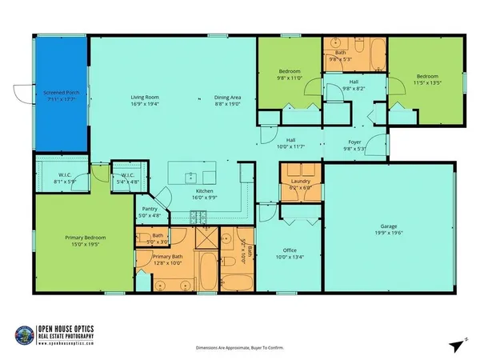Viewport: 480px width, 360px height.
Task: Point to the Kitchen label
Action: point(206,192)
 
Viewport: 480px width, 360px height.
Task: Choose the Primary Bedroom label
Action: point(85,238)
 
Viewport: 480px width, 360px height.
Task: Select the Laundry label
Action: point(300,182)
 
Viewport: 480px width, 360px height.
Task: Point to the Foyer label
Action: point(354,144)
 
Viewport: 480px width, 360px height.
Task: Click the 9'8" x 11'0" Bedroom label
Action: point(289,74)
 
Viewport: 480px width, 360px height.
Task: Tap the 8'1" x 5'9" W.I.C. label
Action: point(66,178)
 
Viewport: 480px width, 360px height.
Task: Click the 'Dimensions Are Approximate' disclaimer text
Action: point(239,348)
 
